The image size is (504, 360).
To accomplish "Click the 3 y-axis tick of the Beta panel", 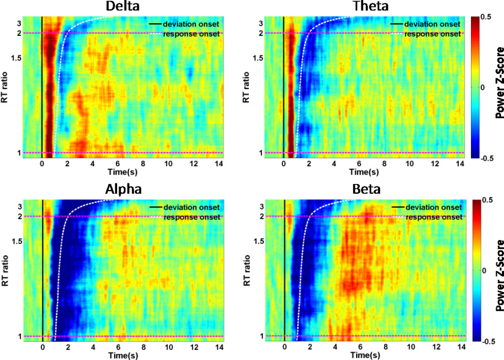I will click(x=262, y=207).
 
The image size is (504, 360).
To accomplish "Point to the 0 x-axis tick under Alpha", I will click(x=43, y=347).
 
